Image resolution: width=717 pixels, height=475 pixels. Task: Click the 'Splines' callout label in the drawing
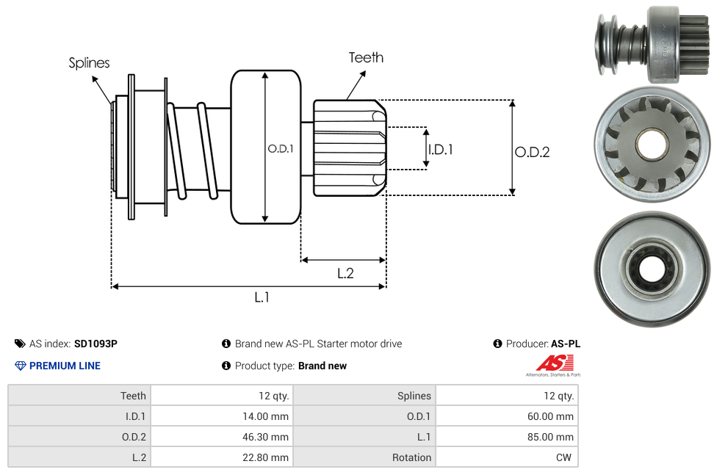89,63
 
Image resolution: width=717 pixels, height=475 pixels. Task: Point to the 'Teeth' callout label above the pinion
366,57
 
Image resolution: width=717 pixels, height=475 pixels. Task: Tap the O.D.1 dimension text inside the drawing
281,148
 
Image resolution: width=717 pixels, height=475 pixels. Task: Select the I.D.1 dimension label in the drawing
440,149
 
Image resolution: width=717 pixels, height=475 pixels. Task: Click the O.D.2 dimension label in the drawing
532,152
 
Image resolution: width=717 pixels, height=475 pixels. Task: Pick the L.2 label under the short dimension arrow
345,273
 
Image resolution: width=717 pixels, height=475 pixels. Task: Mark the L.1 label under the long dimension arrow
262,297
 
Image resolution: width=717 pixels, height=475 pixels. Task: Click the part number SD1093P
96,344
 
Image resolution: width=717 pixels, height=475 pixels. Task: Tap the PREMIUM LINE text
65,366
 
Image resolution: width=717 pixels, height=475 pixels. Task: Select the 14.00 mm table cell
221,416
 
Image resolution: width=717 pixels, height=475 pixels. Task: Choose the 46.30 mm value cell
221,437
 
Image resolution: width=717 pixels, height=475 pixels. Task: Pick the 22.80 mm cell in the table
221,457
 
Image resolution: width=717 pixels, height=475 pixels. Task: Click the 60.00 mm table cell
506,416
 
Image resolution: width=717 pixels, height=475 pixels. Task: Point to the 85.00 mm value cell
506,437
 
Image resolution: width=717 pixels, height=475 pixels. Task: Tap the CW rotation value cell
506,457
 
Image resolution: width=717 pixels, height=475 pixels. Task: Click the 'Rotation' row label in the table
364,457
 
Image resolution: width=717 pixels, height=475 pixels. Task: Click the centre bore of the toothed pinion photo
651,144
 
